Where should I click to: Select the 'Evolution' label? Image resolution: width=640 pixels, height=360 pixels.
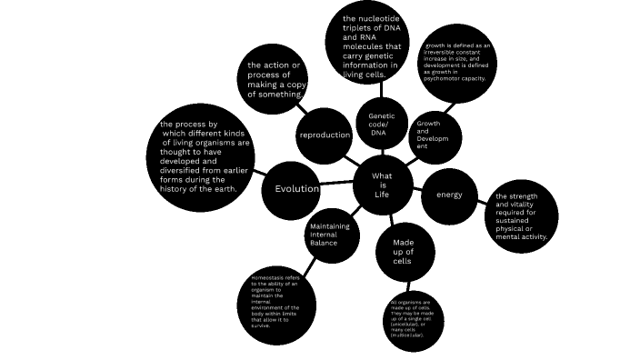(x=291, y=189)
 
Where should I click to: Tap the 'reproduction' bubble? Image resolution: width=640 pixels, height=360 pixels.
(x=325, y=135)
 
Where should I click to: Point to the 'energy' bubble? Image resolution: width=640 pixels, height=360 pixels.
(x=449, y=195)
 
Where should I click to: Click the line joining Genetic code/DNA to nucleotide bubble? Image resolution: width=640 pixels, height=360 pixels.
(x=373, y=92)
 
